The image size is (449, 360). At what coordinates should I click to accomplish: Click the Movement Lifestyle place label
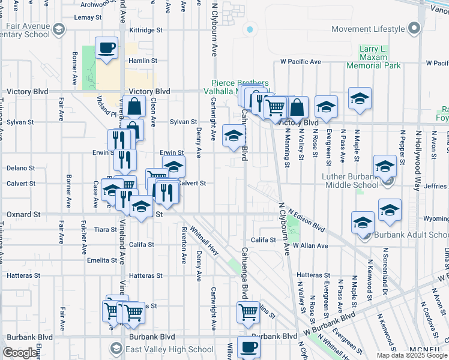point(368,29)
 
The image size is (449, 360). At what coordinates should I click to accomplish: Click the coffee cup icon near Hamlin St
point(106,48)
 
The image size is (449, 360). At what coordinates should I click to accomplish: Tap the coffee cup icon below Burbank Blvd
point(248,347)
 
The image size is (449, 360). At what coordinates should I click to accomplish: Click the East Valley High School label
point(161,349)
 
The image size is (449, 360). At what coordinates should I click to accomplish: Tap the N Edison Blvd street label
point(306,220)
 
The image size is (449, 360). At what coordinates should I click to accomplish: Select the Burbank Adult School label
point(412,235)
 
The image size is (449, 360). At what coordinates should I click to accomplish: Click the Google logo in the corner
point(20,353)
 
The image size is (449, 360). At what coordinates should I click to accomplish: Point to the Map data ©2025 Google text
point(411,355)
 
